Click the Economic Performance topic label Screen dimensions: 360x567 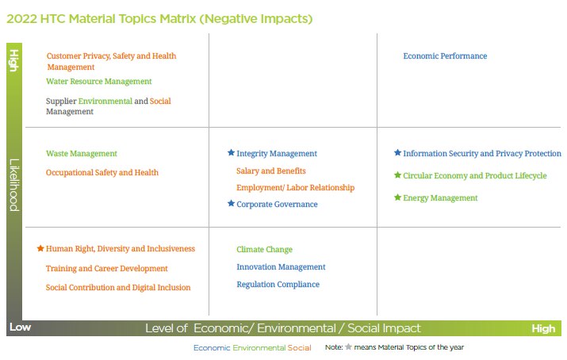(x=445, y=56)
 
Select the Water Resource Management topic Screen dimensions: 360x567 (x=98, y=82)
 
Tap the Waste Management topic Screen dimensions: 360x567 (x=81, y=154)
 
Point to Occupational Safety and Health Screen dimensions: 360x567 (x=102, y=173)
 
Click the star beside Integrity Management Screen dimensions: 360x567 (x=231, y=153)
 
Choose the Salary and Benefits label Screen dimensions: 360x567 (x=270, y=171)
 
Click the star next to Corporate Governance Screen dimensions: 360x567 (x=231, y=204)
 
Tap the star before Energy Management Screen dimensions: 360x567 (x=397, y=197)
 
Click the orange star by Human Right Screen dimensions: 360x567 (x=40, y=248)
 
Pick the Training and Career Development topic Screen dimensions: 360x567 (x=106, y=269)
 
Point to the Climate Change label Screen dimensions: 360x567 (x=264, y=250)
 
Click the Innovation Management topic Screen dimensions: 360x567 (x=281, y=267)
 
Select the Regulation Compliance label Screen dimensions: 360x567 (x=278, y=285)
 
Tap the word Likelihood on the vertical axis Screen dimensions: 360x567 (x=14, y=185)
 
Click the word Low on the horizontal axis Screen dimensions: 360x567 (x=20, y=327)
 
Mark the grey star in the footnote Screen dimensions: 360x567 (x=347, y=347)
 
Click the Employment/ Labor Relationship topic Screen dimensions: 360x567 (x=295, y=188)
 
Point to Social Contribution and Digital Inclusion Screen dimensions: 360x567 (x=117, y=288)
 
